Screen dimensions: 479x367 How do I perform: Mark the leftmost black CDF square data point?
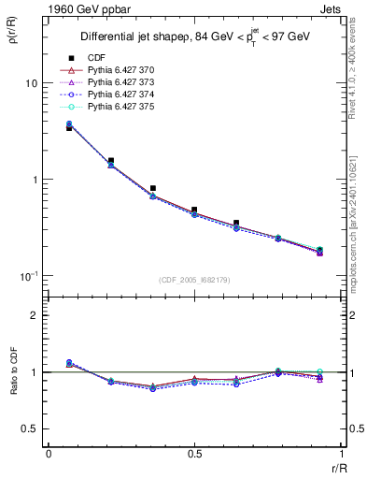tap(69, 127)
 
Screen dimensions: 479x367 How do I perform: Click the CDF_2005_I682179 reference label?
tap(194, 280)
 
